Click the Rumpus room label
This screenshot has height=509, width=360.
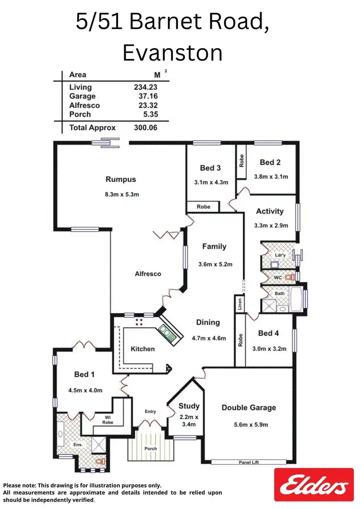[x=120, y=180]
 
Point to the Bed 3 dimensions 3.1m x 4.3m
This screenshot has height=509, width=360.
[x=211, y=182]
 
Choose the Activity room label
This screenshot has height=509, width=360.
[x=270, y=211]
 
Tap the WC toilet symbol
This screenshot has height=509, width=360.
[x=289, y=277]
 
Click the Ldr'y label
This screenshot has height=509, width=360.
[x=280, y=255]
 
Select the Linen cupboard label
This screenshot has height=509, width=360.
[x=239, y=304]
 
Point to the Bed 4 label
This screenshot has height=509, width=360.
[x=268, y=333]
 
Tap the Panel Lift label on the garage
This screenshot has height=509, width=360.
[x=249, y=462]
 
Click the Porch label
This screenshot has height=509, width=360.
[x=150, y=449]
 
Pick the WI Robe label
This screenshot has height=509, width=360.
[x=108, y=419]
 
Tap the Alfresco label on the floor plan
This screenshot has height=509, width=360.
[x=148, y=274]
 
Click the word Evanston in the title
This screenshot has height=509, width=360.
[x=172, y=53]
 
